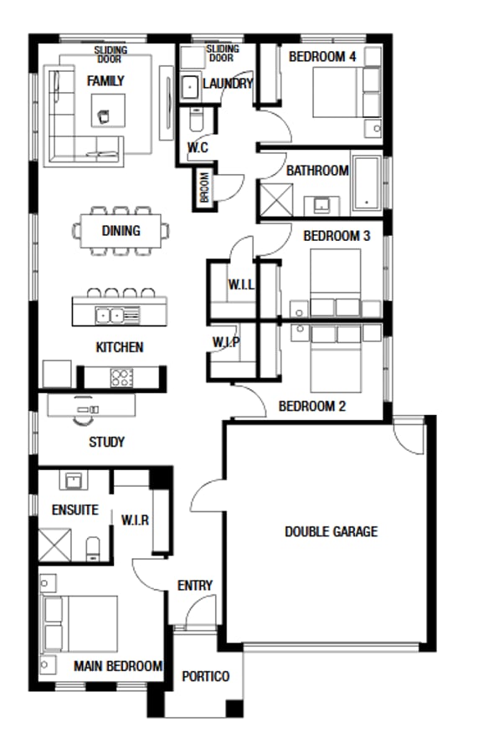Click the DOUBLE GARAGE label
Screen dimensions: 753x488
(x=331, y=531)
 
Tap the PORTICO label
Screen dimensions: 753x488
(x=205, y=676)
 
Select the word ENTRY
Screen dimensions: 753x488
(x=195, y=586)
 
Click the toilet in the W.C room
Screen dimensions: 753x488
(x=195, y=122)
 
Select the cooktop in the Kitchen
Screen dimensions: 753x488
(x=122, y=377)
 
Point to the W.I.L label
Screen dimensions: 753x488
(x=240, y=285)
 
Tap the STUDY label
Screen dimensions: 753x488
(x=106, y=442)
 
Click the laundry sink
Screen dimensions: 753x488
(x=189, y=85)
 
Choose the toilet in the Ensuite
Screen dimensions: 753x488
(x=93, y=549)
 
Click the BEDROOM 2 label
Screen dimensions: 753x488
(x=311, y=407)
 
